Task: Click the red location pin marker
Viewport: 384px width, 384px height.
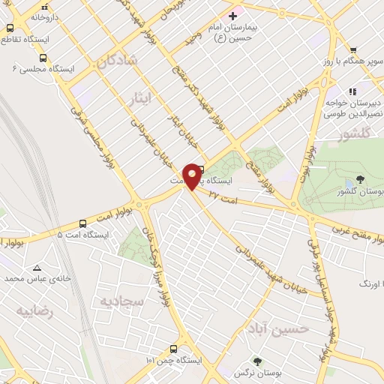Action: (x=193, y=175)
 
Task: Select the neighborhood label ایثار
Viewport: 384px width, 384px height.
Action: (x=140, y=97)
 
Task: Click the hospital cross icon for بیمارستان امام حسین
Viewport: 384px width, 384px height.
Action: (x=232, y=16)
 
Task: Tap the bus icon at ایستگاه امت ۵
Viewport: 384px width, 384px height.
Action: (x=82, y=223)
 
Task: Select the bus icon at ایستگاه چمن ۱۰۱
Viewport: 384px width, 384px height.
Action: (x=174, y=349)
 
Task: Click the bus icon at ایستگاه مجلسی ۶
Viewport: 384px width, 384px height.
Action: (x=43, y=57)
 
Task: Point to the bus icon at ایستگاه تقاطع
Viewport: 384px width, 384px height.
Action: (x=10, y=28)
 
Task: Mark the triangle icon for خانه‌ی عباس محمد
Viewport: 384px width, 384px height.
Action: (x=37, y=266)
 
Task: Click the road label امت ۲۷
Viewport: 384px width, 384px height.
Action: (x=224, y=196)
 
